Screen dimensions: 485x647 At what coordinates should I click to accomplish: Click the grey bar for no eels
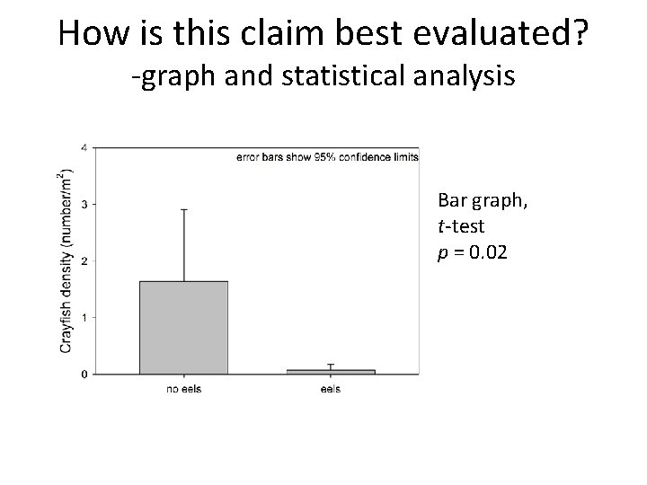pos(183,327)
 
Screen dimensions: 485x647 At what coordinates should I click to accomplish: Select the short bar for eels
pos(331,371)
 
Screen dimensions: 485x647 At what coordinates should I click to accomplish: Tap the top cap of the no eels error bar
pos(183,210)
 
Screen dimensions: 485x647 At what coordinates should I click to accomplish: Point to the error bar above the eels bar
pos(331,366)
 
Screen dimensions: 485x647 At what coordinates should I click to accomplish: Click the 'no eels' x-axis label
pos(183,389)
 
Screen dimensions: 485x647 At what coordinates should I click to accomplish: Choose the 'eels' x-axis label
pos(331,389)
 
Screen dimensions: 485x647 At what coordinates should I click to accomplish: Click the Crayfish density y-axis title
pos(66,260)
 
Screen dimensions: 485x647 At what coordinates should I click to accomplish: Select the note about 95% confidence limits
pos(327,157)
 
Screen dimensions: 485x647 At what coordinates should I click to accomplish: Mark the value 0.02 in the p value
pos(490,253)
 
